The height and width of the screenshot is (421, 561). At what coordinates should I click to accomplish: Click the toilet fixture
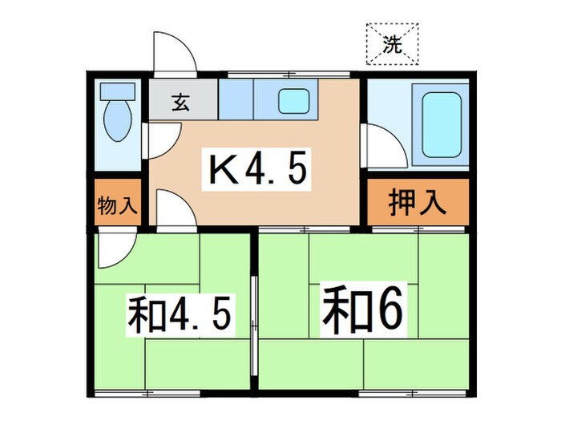coord(118,123)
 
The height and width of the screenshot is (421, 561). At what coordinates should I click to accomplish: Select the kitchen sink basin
coord(293,102)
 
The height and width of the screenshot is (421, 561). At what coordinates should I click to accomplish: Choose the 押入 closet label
coord(417,204)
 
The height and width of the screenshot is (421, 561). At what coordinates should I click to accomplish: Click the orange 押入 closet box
coord(417,204)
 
